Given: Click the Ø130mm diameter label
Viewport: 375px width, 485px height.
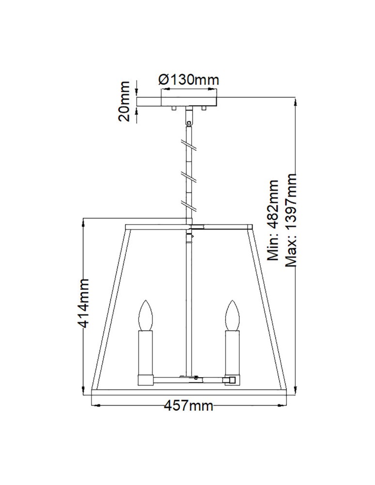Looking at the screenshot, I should tap(188, 80).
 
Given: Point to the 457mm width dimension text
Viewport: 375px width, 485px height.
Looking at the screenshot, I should tap(188, 405).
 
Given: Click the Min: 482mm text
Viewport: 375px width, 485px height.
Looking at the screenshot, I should tap(274, 221).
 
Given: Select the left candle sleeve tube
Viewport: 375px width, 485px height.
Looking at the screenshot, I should tap(145, 352).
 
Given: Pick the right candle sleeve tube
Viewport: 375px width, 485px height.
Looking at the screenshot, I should tap(231, 352).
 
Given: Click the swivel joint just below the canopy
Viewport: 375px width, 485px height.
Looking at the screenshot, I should tap(188, 116).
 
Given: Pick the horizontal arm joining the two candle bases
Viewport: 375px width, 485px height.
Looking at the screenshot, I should tap(189, 377).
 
